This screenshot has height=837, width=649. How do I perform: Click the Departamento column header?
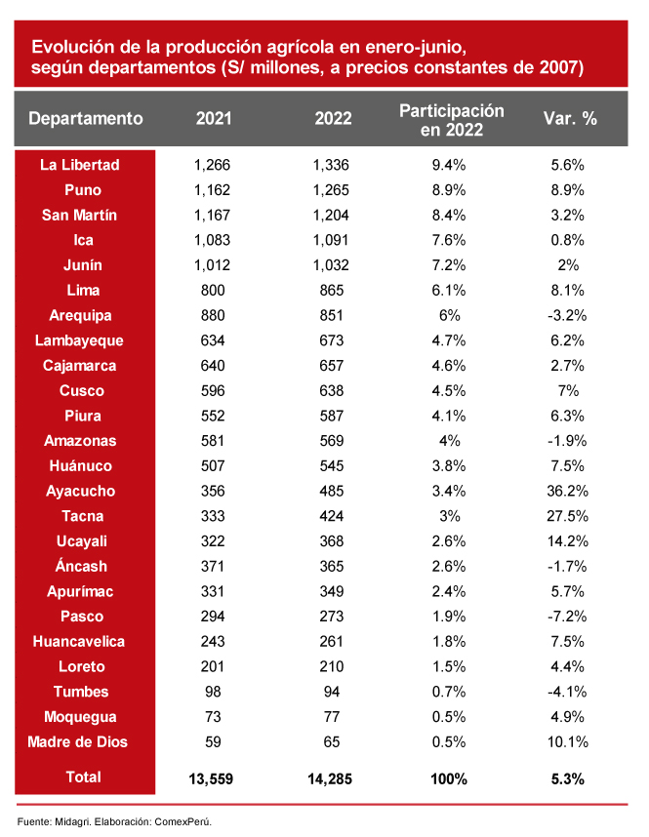click(x=86, y=119)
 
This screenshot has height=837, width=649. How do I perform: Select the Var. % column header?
click(x=569, y=119)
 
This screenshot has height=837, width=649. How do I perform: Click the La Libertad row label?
click(x=85, y=165)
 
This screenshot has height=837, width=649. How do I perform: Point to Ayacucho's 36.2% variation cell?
click(x=567, y=492)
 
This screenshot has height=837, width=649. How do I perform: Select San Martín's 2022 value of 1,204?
click(x=331, y=215)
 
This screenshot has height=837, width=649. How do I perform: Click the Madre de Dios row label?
click(x=85, y=742)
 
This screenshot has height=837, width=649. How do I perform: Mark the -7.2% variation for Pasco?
click(x=567, y=618)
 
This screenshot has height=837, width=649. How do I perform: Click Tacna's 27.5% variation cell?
click(x=567, y=517)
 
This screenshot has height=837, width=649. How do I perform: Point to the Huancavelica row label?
click(x=85, y=642)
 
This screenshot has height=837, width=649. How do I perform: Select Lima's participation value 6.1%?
click(x=449, y=291)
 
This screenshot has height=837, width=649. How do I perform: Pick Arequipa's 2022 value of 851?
click(x=331, y=316)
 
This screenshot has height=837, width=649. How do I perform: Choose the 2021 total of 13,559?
click(x=210, y=778)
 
